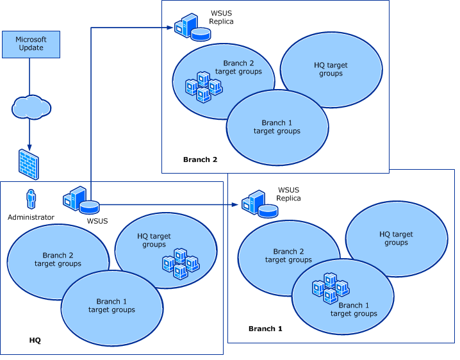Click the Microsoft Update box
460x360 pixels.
click(31, 44)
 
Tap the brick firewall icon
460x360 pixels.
click(29, 163)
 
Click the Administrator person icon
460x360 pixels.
click(30, 199)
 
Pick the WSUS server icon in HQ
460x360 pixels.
click(81, 200)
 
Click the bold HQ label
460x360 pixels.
click(35, 340)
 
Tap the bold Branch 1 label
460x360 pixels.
click(265, 328)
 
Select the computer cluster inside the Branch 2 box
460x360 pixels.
click(204, 88)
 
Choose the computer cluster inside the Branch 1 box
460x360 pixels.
click(330, 288)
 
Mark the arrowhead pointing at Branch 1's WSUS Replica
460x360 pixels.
click(236, 205)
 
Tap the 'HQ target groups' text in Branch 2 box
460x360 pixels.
click(331, 69)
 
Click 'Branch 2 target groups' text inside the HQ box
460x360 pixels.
click(58, 259)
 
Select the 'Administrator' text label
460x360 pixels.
click(31, 217)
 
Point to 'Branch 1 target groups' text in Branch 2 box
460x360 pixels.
click(277, 127)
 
